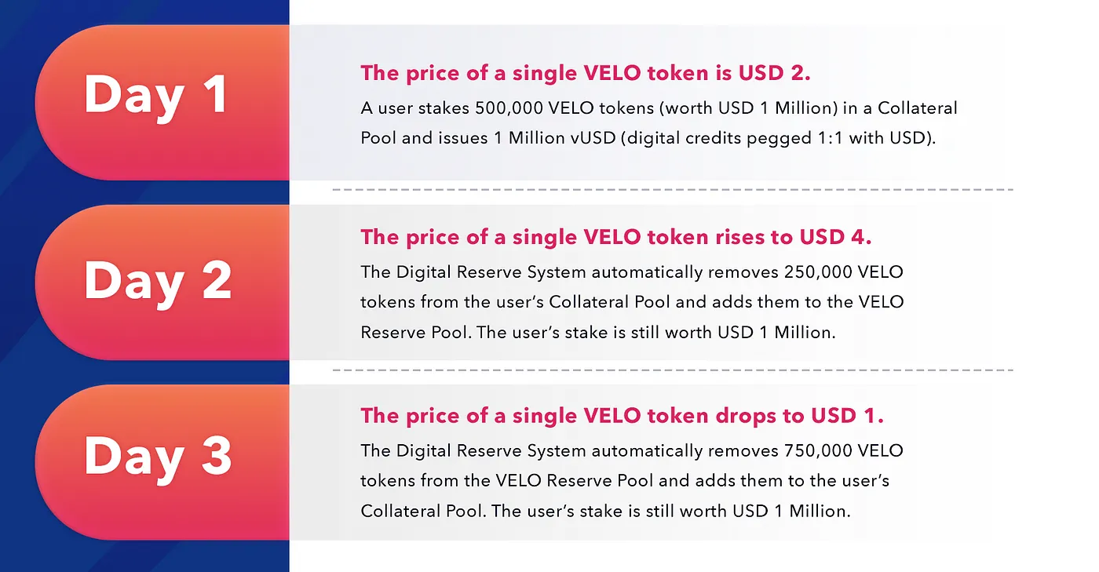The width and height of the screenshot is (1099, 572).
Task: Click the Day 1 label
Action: pyautogui.click(x=156, y=97)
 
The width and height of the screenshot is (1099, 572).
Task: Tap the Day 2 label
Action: pyautogui.click(x=158, y=282)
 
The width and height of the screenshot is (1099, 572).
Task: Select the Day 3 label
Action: pyautogui.click(x=158, y=457)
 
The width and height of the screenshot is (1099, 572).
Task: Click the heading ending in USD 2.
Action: pyautogui.click(x=586, y=74)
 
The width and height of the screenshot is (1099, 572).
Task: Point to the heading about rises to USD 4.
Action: pyautogui.click(x=615, y=238)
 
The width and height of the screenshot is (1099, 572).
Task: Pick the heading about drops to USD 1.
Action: pyautogui.click(x=622, y=416)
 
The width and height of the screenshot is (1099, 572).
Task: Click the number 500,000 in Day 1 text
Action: pyautogui.click(x=509, y=108)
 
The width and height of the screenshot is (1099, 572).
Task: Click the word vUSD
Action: pyautogui.click(x=593, y=138)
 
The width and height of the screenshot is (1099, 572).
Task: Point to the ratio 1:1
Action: pyautogui.click(x=831, y=138)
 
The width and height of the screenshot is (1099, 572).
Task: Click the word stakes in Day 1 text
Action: pyautogui.click(x=444, y=108)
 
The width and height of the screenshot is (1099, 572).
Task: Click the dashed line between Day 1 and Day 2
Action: pyautogui.click(x=673, y=189)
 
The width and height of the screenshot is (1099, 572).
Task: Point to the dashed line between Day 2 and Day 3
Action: pyautogui.click(x=673, y=370)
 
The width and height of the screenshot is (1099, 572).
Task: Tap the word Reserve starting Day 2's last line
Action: pyautogui.click(x=393, y=333)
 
